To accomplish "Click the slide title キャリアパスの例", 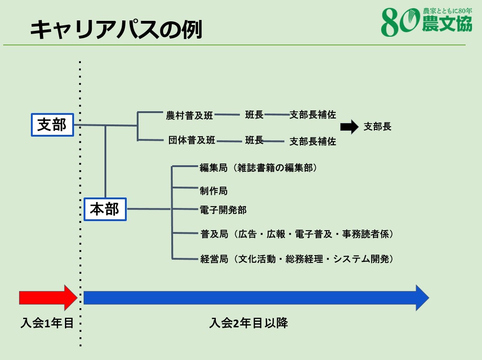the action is [116, 30].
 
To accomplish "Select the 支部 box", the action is [52, 125].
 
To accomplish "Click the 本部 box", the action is [105, 209].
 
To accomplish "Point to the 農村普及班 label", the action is [189, 115].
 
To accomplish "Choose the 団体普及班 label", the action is [192, 140].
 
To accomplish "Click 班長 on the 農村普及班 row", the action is [254, 114].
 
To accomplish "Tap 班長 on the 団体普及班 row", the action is [254, 140].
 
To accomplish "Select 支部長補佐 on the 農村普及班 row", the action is [313, 114].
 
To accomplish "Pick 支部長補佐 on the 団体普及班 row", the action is [313, 141].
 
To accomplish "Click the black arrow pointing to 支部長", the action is [349, 127].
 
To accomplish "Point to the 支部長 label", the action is [378, 126].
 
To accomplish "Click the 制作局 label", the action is [214, 191].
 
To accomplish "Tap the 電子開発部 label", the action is [223, 210].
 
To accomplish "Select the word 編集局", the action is [214, 168].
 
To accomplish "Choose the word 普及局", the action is [214, 234].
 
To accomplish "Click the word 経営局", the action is [214, 259].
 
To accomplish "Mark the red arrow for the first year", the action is [48, 298].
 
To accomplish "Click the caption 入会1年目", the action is [47, 323].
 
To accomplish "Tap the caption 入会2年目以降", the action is [248, 323].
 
